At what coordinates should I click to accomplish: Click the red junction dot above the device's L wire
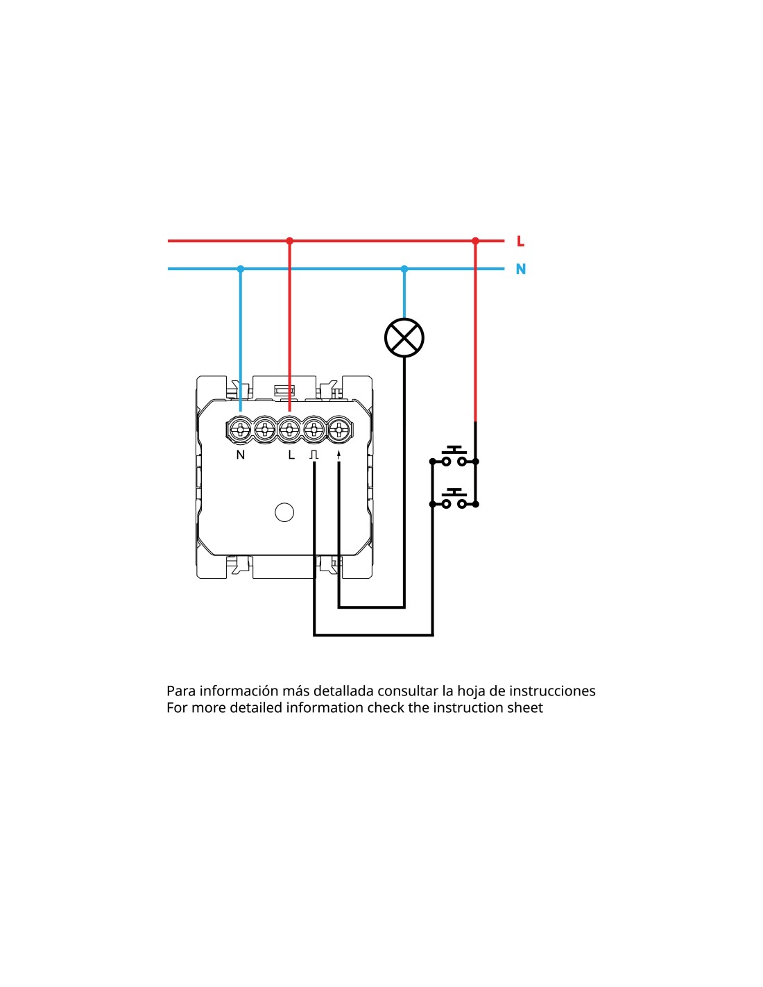(x=289, y=241)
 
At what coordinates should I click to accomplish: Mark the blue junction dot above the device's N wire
(x=241, y=269)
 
